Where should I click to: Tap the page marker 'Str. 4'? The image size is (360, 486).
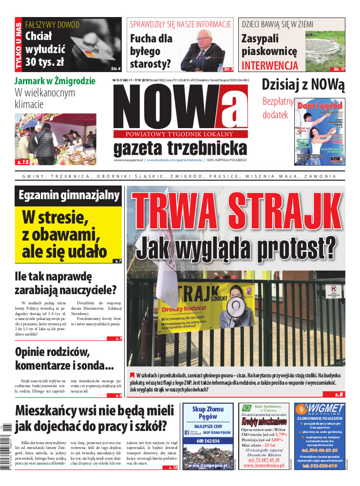pos(115,69)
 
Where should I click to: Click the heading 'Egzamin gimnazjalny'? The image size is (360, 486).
pos(69,196)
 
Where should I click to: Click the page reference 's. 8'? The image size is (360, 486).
pos(339,394)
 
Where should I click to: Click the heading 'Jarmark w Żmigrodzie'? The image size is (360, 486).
pos(55,81)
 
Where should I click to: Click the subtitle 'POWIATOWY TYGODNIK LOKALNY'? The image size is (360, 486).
pos(180,133)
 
